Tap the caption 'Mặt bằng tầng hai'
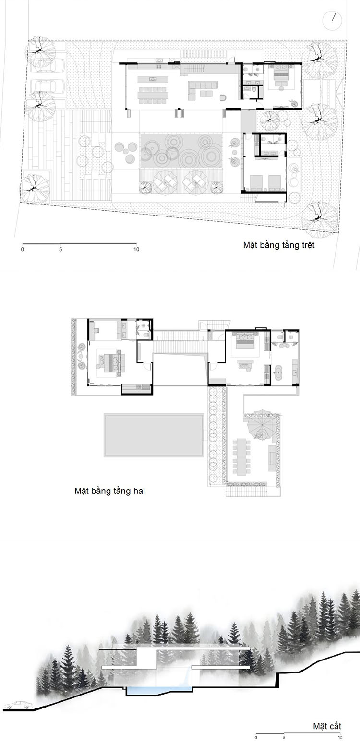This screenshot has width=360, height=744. click(109, 491)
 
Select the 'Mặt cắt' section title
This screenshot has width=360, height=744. click(327, 726)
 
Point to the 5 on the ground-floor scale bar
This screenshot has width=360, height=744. click(60, 250)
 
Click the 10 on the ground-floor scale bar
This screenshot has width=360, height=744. click(136, 250)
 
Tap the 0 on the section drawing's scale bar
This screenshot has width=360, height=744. click(256, 737)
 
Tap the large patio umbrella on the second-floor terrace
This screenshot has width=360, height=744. click(260, 425)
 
